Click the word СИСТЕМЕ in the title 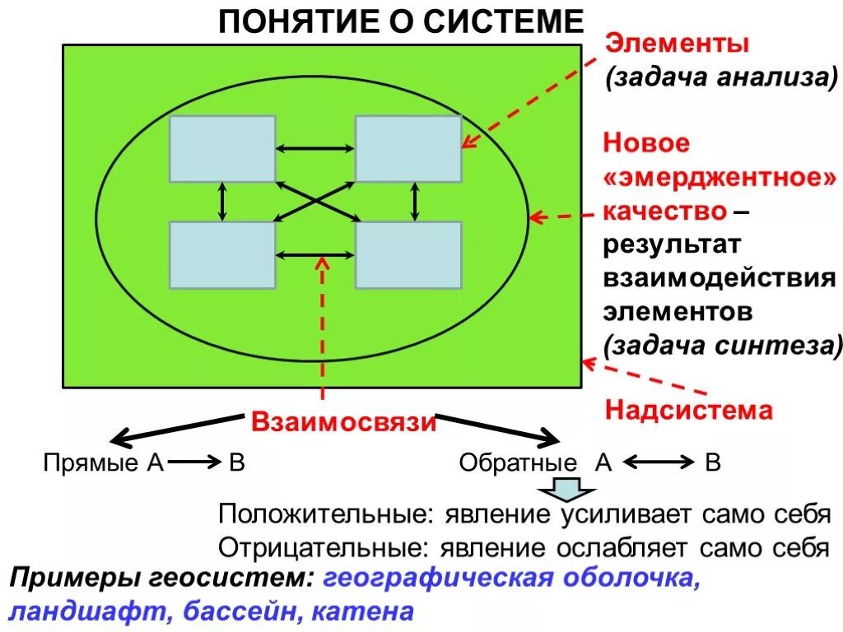[504, 21]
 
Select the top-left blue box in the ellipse [222, 148]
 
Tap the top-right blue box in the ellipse [408, 148]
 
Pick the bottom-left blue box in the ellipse [222, 255]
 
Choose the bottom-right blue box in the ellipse [408, 255]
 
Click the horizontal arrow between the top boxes [315, 148]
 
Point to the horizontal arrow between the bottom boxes [315, 255]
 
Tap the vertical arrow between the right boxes [415, 202]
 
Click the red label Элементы [678, 43]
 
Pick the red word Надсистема [689, 409]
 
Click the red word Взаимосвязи [342, 422]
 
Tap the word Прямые [91, 462]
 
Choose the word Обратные [518, 462]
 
